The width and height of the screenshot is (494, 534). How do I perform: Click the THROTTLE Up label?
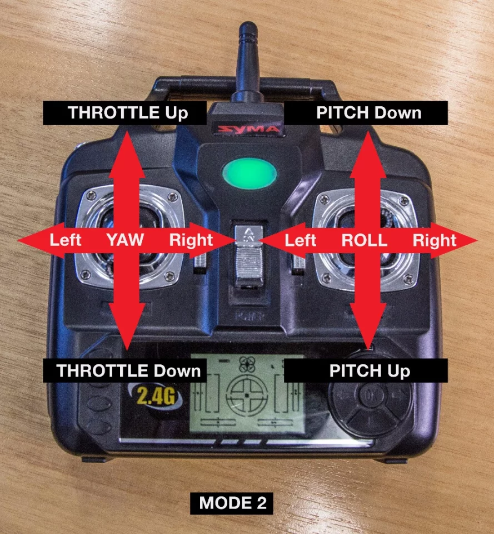(x=128, y=113)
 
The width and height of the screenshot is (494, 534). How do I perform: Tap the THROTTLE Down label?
(x=128, y=371)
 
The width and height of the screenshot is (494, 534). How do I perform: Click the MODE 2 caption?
(x=233, y=503)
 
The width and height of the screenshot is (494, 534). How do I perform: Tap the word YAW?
(x=125, y=240)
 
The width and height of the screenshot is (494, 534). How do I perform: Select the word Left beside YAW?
(x=66, y=240)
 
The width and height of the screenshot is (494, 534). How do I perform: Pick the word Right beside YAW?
(x=191, y=240)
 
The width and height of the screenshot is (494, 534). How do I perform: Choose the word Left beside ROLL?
(x=300, y=240)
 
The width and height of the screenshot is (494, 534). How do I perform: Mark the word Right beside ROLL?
(x=434, y=240)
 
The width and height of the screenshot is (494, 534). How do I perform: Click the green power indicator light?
(x=248, y=174)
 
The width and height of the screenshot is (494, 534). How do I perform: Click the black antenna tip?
(x=247, y=33)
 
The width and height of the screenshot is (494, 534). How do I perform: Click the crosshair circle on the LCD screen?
(x=246, y=394)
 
